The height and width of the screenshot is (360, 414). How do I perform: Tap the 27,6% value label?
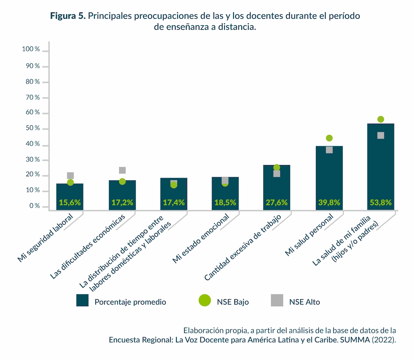(277, 203)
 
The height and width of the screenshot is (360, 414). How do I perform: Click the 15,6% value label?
(70, 203)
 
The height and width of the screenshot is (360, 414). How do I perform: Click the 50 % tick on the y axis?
(32, 129)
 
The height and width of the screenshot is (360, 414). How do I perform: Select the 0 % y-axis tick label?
(34, 206)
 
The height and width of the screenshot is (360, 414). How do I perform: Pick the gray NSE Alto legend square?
(277, 301)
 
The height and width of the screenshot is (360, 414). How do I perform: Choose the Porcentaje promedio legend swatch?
(83, 301)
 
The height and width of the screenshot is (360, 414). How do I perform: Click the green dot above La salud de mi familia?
(380, 120)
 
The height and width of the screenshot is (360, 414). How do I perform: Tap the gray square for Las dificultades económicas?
(122, 170)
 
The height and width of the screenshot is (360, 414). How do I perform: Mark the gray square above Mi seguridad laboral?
(70, 176)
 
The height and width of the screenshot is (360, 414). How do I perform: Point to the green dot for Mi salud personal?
(329, 138)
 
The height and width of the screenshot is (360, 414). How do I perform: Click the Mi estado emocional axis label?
(201, 239)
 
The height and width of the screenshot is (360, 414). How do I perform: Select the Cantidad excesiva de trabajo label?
(243, 246)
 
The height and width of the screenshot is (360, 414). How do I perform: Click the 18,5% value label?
(225, 203)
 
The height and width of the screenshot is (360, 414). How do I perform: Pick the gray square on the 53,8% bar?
(380, 135)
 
